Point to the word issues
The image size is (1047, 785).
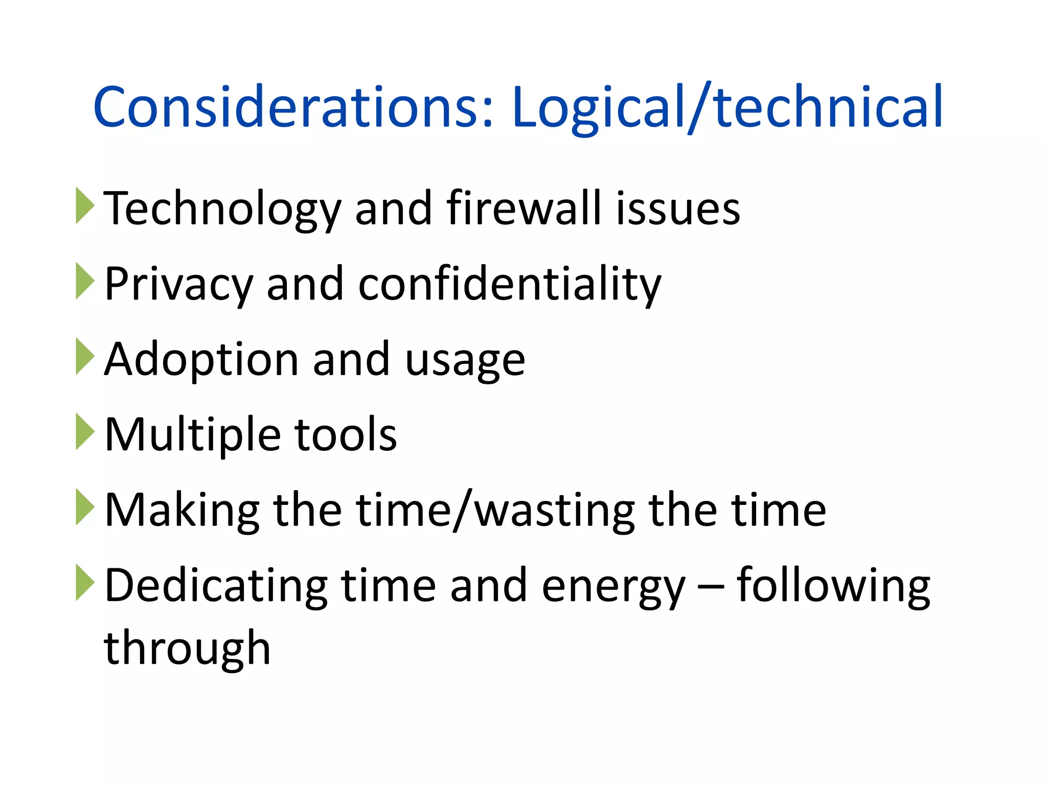coord(678,208)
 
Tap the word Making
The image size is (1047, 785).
coord(182,511)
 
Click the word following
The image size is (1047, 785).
coord(833,586)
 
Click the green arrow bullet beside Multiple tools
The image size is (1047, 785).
coord(85,432)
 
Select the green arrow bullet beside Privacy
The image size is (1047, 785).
coord(85,281)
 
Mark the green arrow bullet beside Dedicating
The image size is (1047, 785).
coord(85,583)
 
